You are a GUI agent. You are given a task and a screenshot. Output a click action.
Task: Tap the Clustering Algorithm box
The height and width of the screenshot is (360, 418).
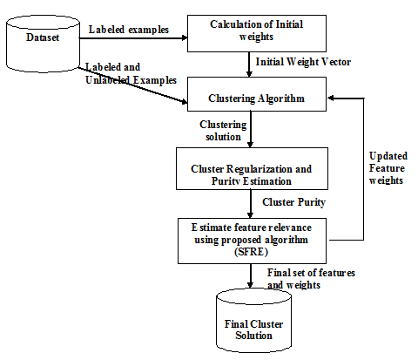point(255,98)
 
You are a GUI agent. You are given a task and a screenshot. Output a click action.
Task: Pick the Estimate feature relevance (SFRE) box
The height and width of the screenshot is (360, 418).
point(252,240)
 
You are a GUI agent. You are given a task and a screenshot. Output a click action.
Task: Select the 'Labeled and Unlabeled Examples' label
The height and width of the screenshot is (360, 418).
point(129,74)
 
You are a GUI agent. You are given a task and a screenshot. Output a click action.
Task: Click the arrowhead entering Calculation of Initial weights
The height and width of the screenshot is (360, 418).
point(184,37)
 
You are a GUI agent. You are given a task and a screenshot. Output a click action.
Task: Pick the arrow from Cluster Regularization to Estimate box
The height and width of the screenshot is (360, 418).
point(252,202)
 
